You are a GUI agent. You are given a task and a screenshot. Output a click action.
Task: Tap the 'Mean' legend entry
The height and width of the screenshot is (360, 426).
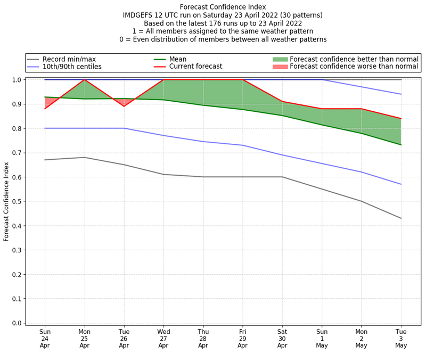177,59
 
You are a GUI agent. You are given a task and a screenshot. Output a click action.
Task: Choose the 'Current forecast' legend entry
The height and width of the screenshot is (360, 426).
195,67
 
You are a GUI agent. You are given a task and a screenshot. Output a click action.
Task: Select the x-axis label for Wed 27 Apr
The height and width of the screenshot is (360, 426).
163,339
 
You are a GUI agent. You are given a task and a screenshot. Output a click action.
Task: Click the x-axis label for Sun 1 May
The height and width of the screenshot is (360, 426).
322,339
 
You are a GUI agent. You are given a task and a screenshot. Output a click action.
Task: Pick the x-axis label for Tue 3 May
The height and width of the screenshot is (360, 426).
400,339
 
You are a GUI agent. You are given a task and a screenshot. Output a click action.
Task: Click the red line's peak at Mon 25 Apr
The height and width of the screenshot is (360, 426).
85,80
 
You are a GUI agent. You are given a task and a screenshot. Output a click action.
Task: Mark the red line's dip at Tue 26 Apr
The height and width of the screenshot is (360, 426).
124,106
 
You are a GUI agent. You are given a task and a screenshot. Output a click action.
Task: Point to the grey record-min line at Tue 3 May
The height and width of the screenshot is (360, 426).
400,218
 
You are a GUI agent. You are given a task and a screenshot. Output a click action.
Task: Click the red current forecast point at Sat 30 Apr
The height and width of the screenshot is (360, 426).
282,101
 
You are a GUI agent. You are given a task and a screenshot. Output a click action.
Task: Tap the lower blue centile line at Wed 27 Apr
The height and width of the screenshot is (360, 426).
163,135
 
